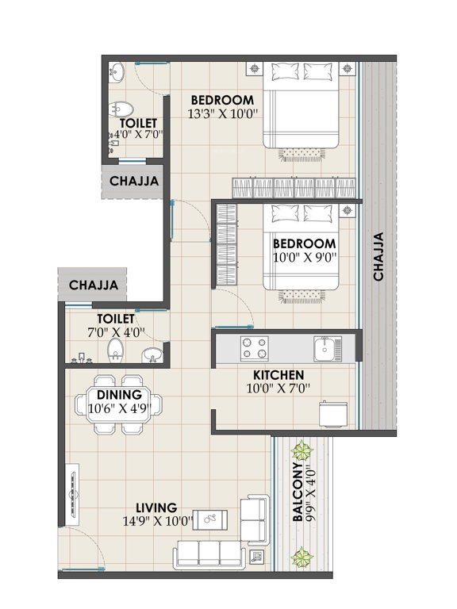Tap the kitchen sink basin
[x=325, y=347]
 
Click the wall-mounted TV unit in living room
[x=70, y=495]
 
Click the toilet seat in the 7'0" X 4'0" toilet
[x=117, y=349]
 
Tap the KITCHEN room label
[x=278, y=374]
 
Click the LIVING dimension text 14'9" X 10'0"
[x=156, y=522]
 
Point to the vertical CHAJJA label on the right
[x=378, y=256]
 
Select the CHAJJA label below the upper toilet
[x=134, y=181]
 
